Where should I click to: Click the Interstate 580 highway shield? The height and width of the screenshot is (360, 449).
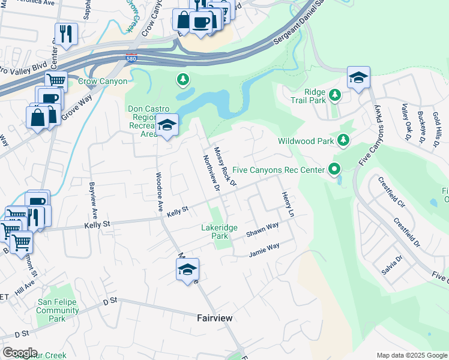tap(131, 59)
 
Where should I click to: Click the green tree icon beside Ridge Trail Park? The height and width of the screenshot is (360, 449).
tap(335, 95)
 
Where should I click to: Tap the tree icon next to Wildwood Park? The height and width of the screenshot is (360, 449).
tap(343, 140)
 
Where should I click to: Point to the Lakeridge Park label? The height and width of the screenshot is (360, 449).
tap(220, 232)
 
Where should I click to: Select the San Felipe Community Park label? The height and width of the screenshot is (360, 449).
tap(58, 310)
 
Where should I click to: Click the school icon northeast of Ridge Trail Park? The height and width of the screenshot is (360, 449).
tap(358, 77)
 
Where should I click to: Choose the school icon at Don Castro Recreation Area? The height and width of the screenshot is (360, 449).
tap(167, 125)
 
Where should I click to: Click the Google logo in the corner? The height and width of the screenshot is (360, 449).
tap(20, 353)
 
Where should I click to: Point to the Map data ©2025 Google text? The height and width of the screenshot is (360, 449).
tap(411, 355)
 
